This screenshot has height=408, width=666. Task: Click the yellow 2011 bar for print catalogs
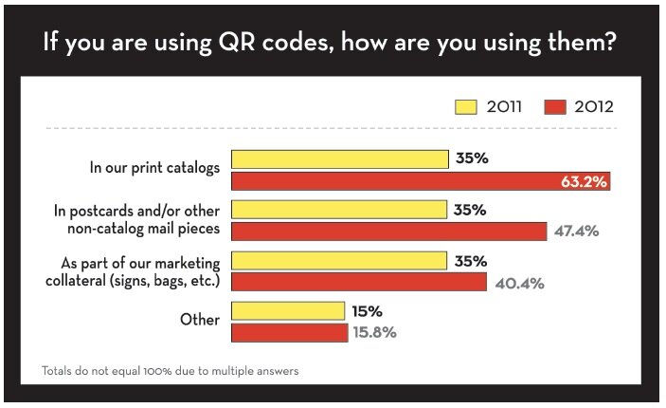click(x=339, y=158)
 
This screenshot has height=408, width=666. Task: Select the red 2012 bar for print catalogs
click(x=421, y=181)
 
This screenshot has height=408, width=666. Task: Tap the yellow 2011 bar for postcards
click(x=338, y=209)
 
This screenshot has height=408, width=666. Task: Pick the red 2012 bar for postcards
click(x=388, y=232)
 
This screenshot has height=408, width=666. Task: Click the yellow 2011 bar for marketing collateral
click(x=338, y=259)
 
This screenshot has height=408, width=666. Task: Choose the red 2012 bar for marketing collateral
click(x=359, y=282)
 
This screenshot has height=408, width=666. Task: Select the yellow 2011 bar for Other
click(x=287, y=310)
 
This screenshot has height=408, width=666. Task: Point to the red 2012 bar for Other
click(x=289, y=333)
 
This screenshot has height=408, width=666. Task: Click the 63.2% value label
click(x=584, y=181)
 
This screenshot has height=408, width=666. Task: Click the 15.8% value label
click(x=375, y=333)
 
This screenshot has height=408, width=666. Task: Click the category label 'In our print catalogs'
click(x=154, y=167)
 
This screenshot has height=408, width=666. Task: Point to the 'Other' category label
click(x=200, y=320)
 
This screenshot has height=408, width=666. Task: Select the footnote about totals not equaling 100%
click(x=171, y=371)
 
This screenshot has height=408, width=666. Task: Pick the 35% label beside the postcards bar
click(x=470, y=209)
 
